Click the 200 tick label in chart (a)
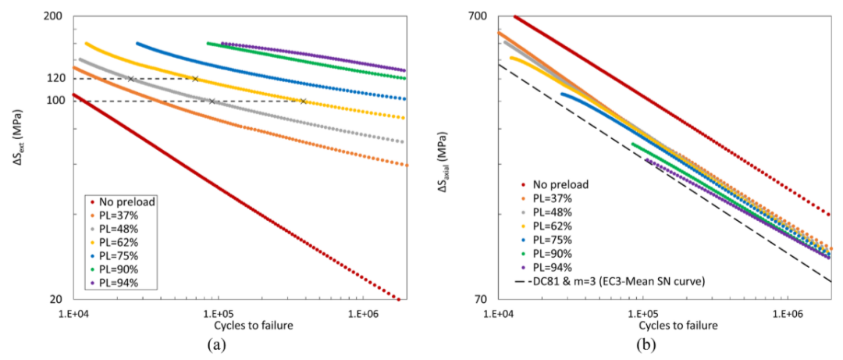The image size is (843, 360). pos(55,16)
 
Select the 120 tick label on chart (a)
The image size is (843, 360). pos(55,78)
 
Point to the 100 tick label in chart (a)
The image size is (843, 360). pos(55,101)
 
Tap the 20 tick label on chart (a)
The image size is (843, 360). pos(58,300)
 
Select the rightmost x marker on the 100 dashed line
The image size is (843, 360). pos(303,101)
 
